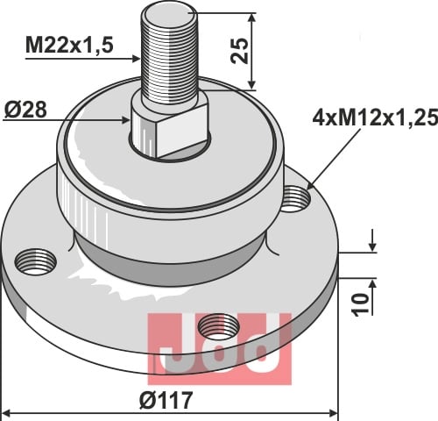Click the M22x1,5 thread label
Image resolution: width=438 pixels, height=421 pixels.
69,45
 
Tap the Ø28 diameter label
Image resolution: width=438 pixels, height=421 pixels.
25,110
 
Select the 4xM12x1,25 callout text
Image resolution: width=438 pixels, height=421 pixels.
375,118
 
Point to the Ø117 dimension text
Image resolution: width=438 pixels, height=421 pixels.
166,400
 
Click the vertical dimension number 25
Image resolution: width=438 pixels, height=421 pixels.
239,51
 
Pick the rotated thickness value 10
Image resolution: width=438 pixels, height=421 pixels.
360,305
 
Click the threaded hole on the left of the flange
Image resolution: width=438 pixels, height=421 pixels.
35,261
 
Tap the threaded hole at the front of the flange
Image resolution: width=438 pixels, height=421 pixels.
219,327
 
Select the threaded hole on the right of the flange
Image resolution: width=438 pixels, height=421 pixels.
296,199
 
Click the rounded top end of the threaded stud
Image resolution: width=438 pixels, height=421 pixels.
169,13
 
